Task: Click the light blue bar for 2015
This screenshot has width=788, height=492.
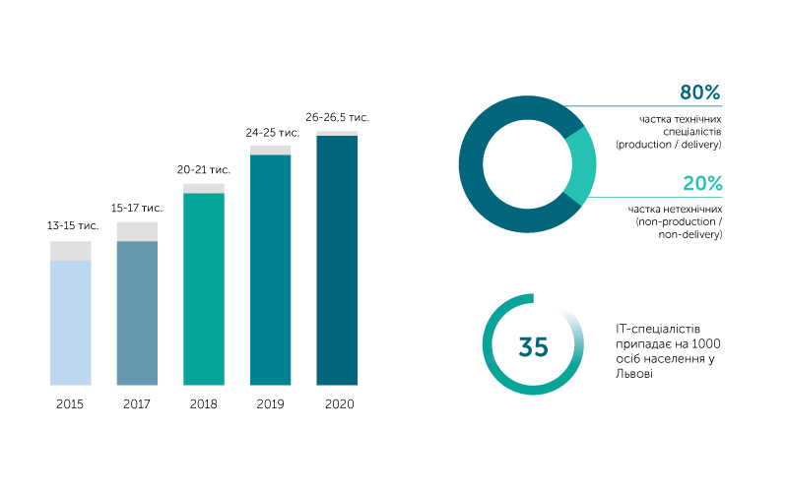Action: (x=70, y=323)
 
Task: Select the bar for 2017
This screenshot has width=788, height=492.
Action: (x=137, y=313)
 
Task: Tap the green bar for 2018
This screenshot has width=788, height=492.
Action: (x=204, y=289)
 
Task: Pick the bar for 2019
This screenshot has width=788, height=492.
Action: (x=270, y=270)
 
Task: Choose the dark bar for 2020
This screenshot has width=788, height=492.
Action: (x=337, y=260)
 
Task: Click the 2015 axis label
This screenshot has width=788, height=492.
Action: (x=70, y=404)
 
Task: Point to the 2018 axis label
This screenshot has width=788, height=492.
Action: (x=204, y=404)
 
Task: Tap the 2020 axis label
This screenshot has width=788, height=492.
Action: (x=339, y=404)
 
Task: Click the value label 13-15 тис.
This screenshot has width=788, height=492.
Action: (x=73, y=226)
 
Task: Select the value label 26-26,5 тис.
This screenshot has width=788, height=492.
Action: (x=337, y=117)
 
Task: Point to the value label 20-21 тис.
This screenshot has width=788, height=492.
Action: (x=204, y=169)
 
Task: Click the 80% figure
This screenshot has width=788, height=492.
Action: (x=700, y=92)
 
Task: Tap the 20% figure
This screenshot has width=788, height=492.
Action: (x=702, y=183)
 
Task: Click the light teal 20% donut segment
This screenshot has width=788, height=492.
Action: (x=583, y=165)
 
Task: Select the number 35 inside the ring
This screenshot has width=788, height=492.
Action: (x=533, y=346)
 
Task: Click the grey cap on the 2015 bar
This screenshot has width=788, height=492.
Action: (x=70, y=251)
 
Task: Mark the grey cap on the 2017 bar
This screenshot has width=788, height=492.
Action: (x=137, y=231)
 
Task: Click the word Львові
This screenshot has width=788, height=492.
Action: (x=634, y=374)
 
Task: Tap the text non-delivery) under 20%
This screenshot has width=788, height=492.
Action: (x=690, y=234)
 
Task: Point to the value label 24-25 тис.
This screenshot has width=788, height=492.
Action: (x=273, y=133)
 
